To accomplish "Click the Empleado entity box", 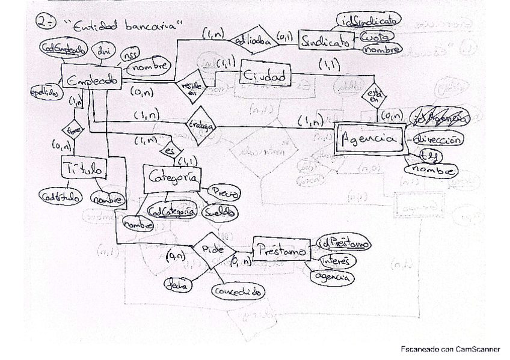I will point(91,81).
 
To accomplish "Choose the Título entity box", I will point(84,171).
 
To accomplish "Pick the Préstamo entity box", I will point(281,249).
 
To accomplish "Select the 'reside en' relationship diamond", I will point(190,87).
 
